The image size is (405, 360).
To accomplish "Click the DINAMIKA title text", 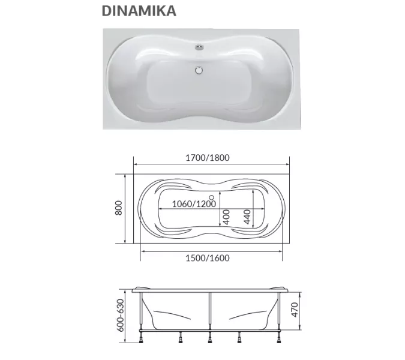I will coord(138,11).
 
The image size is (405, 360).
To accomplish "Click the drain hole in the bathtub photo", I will coord(197,70).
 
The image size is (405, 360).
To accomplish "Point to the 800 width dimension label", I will coord(119,208).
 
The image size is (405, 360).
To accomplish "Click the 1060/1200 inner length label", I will coord(193,204).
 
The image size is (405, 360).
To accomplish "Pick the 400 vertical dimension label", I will coord(226,217).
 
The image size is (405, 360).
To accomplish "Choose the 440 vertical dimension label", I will coord(247,217).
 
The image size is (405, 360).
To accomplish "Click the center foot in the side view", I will coord(209,340).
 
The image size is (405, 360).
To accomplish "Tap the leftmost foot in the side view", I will coord(142,340).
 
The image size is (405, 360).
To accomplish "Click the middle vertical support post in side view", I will coord(209,312).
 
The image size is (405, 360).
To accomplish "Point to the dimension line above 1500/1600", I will coord(211,250).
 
